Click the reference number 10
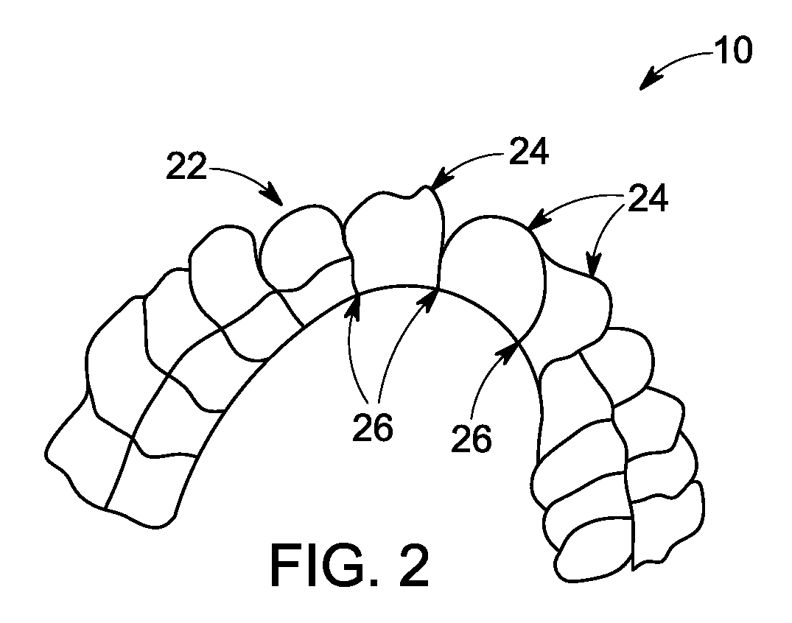(733, 51)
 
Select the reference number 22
(186, 166)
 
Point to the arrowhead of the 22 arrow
(274, 197)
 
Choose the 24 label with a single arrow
(529, 152)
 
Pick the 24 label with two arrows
(648, 197)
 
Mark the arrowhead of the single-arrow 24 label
(438, 180)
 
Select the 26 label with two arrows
(373, 428)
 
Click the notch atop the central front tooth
(413, 194)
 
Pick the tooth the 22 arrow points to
(302, 247)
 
